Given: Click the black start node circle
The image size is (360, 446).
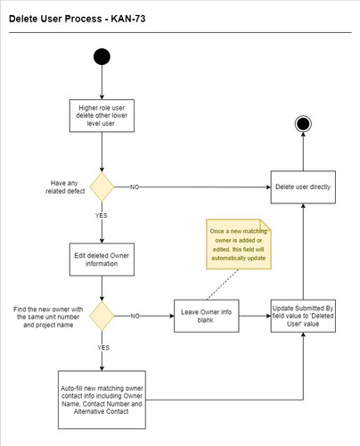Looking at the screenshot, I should point(102,58).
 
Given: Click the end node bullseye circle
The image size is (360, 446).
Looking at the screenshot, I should point(304,124).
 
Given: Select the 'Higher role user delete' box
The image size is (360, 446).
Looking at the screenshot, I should point(102,115).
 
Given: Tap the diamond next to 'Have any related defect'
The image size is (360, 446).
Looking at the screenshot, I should point(102,187).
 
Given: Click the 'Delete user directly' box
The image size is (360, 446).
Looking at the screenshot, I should point(304,187).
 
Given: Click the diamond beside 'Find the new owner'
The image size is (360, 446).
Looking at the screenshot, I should point(102,315).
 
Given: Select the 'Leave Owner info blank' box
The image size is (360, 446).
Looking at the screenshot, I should point(208,315).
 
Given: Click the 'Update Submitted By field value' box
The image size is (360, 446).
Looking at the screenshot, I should point(304,315).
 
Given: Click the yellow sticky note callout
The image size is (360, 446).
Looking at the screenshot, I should point(238,244).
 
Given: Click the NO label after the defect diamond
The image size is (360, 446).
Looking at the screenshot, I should point(134,187).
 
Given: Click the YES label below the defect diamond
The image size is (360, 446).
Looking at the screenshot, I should point(102,214).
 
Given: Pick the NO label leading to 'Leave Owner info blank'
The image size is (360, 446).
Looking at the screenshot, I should point(134,315).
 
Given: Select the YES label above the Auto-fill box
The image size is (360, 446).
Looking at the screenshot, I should point(102,346).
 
